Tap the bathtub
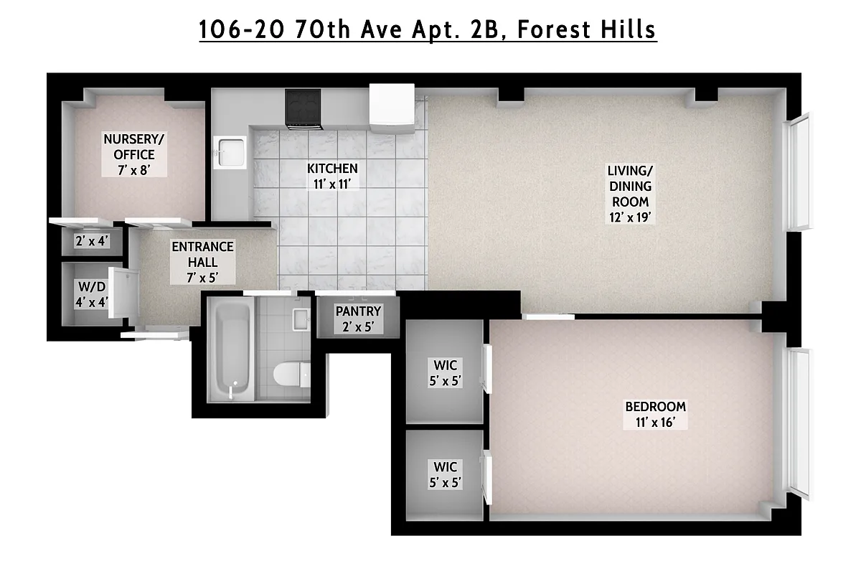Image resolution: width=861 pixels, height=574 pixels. click(x=230, y=349)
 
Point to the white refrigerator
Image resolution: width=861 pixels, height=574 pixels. click(x=392, y=108)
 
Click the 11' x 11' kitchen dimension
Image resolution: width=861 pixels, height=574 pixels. click(x=332, y=183)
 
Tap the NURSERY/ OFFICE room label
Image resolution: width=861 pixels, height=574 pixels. click(x=129, y=146)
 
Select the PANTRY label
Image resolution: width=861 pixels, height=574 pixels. click(x=358, y=311)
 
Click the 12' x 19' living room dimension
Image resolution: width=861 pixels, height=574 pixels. click(x=631, y=217)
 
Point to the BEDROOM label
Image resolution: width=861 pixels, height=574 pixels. click(x=656, y=406)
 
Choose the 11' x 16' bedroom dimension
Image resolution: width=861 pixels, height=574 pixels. click(x=656, y=421)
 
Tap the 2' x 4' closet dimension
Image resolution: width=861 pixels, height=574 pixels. click(x=91, y=241)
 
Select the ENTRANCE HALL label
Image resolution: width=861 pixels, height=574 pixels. click(x=202, y=254)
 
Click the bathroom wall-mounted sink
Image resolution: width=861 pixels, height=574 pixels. click(x=300, y=319)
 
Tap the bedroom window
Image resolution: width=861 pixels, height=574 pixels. click(x=798, y=423)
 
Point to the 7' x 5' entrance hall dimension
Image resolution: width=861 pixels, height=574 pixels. click(x=202, y=278)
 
